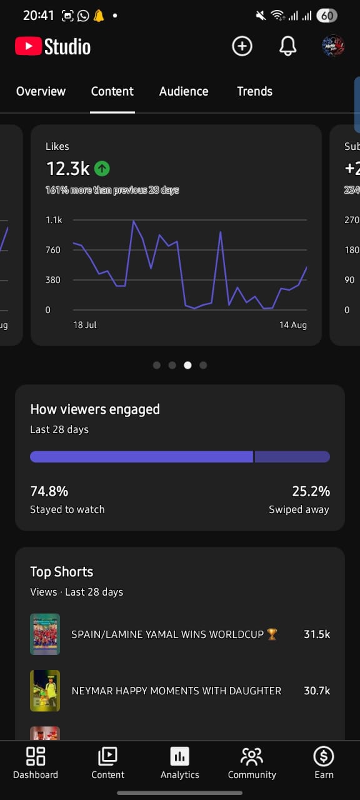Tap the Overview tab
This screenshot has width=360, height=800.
pos(41,91)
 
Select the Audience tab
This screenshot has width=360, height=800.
pos(184,91)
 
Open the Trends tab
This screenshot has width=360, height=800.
pos(254,91)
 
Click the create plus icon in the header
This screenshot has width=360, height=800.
pos(242,46)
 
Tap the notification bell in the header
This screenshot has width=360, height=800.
pos(287,46)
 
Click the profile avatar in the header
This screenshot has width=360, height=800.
pos(333,46)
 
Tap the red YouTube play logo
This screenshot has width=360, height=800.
pos(28,46)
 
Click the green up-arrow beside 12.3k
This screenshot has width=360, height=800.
pos(102,168)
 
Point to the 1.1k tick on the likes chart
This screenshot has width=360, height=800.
pos(54,220)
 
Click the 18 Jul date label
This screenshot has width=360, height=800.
pos(85,325)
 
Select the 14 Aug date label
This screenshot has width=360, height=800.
pos(293,325)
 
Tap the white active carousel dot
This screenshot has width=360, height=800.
pos(187,365)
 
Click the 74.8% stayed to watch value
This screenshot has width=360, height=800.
pos(49,491)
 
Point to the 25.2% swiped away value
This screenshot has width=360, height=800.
pos(311,491)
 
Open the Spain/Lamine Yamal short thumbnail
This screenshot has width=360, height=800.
pos(45,634)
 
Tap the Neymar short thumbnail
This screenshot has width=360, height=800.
pos(45,691)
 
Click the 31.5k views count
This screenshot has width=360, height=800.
pos(317,634)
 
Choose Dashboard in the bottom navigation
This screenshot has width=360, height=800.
pos(36,763)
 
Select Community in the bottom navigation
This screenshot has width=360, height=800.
pos(252,763)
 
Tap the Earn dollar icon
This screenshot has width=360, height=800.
pos(324,756)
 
